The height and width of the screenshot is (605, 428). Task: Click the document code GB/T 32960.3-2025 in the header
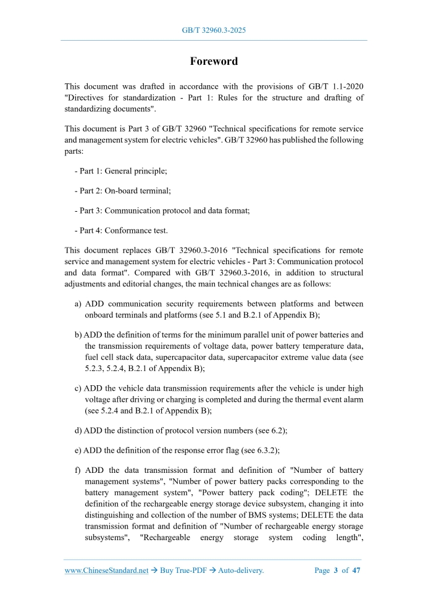pos(214,30)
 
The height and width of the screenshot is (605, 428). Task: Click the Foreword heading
pos(214,61)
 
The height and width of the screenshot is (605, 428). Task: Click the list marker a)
pos(78,304)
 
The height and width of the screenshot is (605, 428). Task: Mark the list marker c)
pos(78,388)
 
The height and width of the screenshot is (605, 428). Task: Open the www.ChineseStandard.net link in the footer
pos(106,570)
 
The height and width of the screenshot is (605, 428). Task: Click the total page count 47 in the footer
pos(356,570)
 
